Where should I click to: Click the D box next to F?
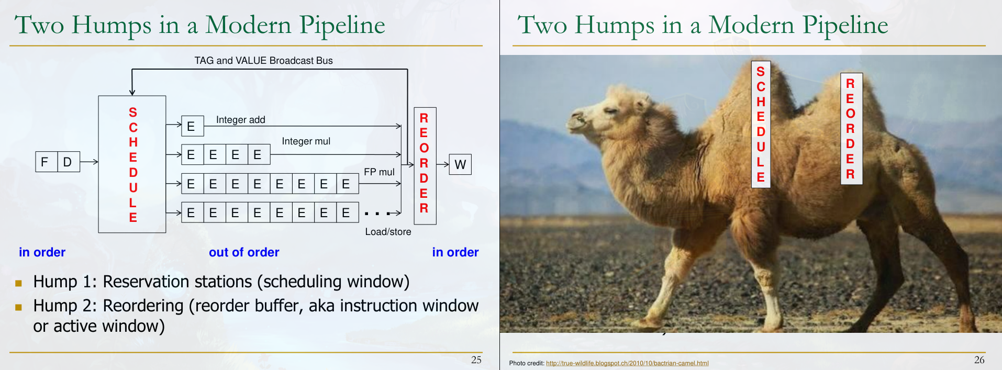(68, 162)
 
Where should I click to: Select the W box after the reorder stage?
(460, 164)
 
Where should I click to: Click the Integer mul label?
(306, 141)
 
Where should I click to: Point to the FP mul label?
(379, 172)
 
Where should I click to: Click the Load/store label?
(388, 231)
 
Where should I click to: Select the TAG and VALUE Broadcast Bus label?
(263, 61)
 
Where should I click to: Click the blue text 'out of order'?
(244, 252)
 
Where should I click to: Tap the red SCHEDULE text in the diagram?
(133, 164)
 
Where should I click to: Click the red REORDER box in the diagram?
(425, 166)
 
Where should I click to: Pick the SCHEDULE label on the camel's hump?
(761, 125)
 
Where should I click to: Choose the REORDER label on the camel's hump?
(851, 129)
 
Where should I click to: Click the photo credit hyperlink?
(627, 363)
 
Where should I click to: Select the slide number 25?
(476, 360)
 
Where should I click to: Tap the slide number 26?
(979, 360)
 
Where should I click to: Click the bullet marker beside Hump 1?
(19, 283)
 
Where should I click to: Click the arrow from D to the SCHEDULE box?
(89, 162)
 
